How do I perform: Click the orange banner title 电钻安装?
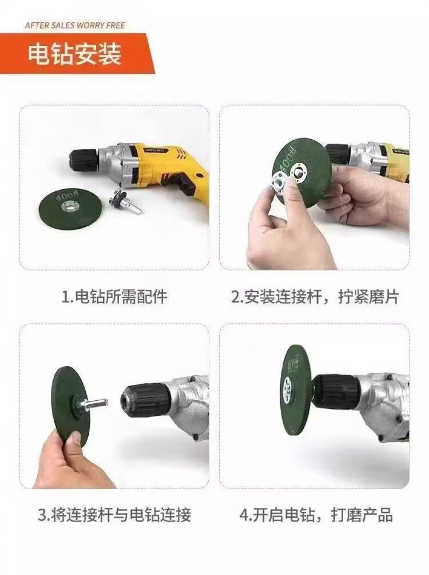pyautogui.click(x=74, y=54)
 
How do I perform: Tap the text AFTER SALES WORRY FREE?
pyautogui.click(x=75, y=25)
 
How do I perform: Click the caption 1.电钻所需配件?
pyautogui.click(x=114, y=297)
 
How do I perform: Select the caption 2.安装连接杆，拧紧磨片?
pyautogui.click(x=315, y=297)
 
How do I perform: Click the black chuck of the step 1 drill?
pyautogui.click(x=83, y=158)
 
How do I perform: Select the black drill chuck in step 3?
pyautogui.click(x=146, y=399)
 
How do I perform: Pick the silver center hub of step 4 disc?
pyautogui.click(x=288, y=390)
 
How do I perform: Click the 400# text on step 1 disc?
pyautogui.click(x=64, y=197)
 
